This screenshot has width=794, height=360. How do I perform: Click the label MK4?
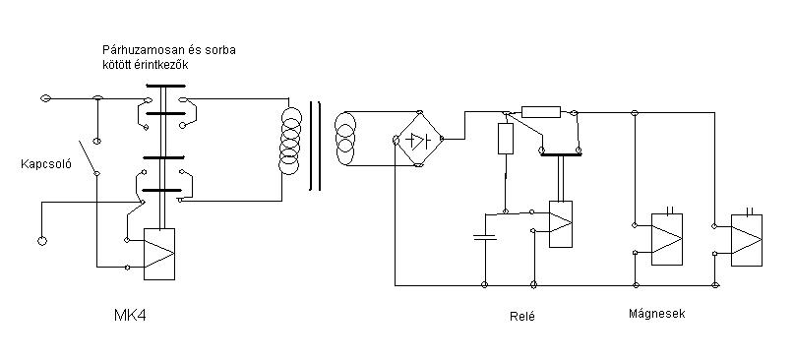coord(130,316)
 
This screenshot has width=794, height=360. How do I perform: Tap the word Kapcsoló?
coord(46,164)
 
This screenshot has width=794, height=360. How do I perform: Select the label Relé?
coord(522,317)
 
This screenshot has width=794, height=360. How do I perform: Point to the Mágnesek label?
coord(657,314)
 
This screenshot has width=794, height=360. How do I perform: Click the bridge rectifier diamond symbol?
coord(418,139)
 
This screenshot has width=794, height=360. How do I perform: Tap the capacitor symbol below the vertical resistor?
coord(485,237)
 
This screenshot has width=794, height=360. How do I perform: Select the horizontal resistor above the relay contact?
coord(541,112)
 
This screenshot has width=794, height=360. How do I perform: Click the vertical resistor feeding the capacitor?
coord(506,139)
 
